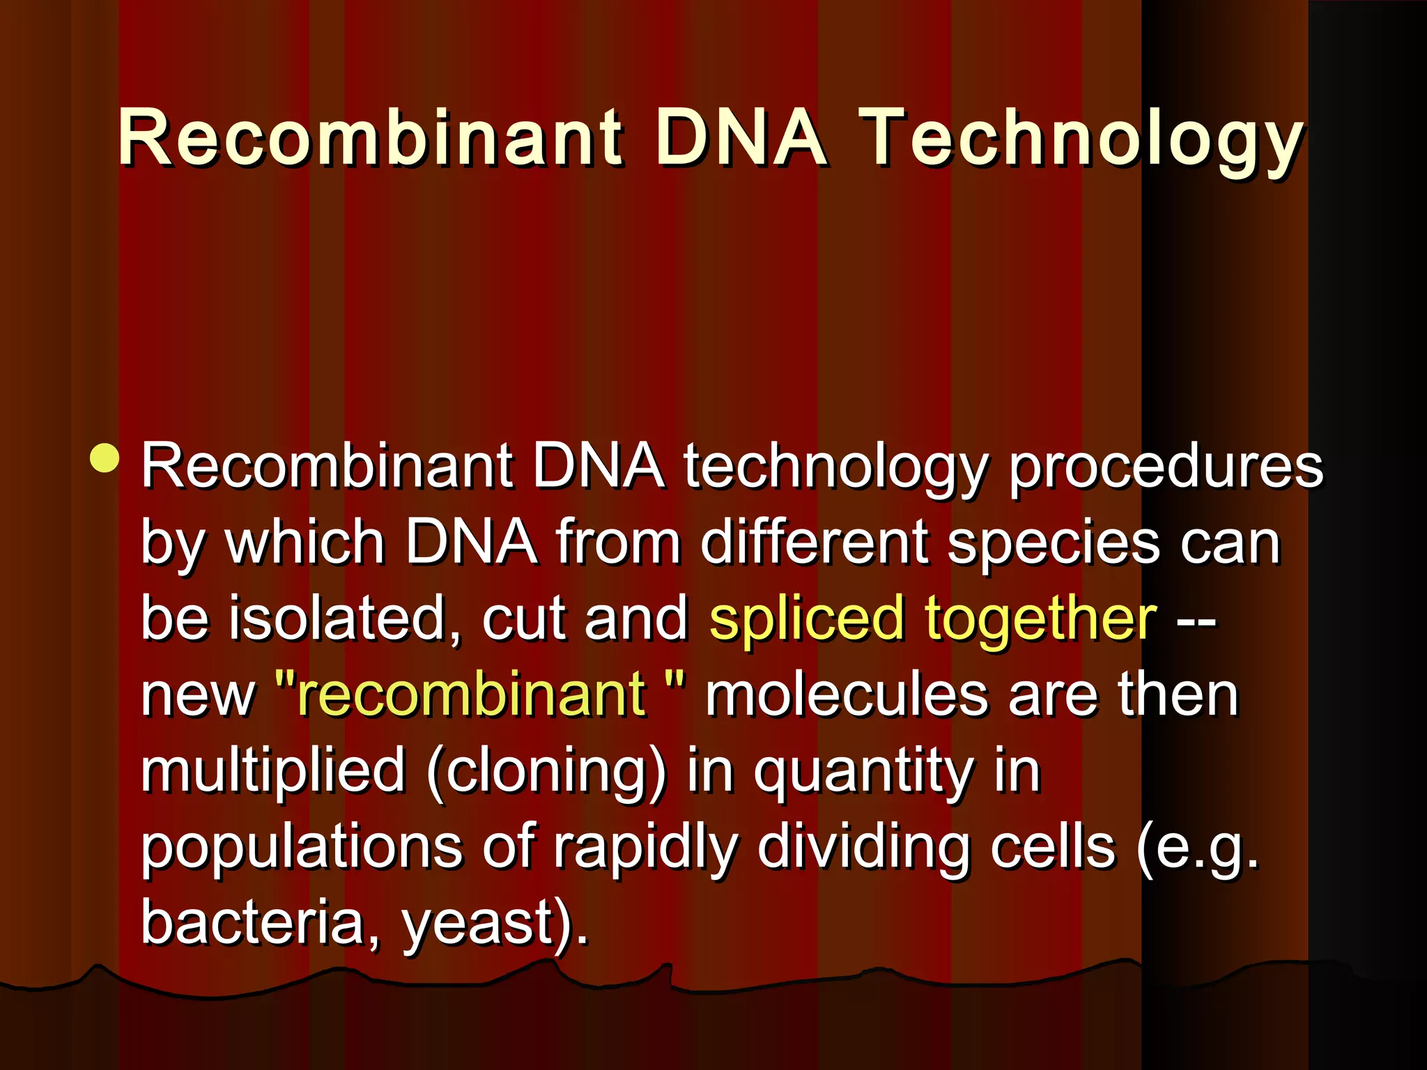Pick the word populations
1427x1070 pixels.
pos(302,848)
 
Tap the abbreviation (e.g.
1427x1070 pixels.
pos(1197,848)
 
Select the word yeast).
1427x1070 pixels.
pos(495,924)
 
